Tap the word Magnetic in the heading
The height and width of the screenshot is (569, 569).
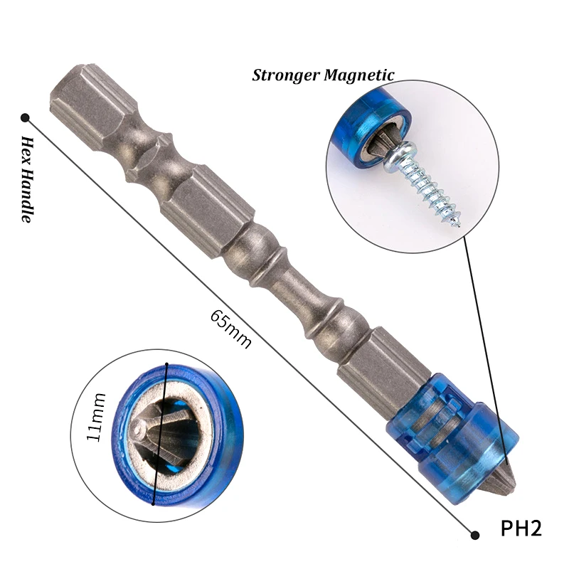coord(358,75)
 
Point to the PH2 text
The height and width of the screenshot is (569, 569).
coord(521,529)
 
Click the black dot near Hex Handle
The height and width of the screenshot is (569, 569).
coord(25,117)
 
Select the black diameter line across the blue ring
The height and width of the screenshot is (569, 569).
coord(160,434)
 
